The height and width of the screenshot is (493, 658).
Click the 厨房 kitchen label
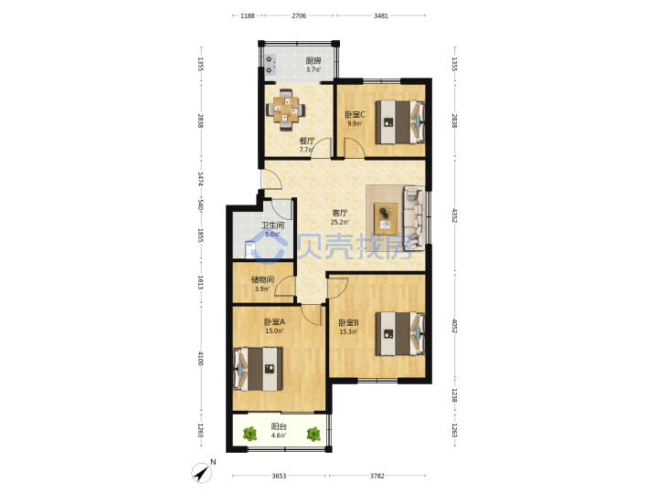[x=313, y=60]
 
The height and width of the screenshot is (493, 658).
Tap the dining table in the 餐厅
[x=285, y=110]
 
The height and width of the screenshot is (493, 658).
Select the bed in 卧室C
[x=400, y=122]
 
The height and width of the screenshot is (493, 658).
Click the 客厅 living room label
[x=339, y=213]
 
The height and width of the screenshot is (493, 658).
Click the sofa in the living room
[x=414, y=218]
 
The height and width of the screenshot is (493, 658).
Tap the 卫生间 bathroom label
[x=272, y=226]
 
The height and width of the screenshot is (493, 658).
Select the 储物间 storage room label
[x=262, y=279]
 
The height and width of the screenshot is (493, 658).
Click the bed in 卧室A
[x=258, y=369]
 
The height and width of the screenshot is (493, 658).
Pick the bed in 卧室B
[x=400, y=334]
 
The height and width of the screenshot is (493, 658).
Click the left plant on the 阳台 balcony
[x=250, y=434]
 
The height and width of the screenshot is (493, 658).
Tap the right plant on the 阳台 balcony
[x=313, y=434]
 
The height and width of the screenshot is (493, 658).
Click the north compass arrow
[x=202, y=473]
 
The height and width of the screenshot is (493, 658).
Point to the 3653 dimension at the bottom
[x=279, y=476]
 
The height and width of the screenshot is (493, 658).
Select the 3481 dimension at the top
[x=380, y=16]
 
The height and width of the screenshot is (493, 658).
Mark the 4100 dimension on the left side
[x=200, y=359]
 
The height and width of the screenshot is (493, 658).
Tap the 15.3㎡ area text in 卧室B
[x=348, y=332]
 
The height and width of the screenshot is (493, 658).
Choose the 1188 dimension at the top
[x=248, y=16]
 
